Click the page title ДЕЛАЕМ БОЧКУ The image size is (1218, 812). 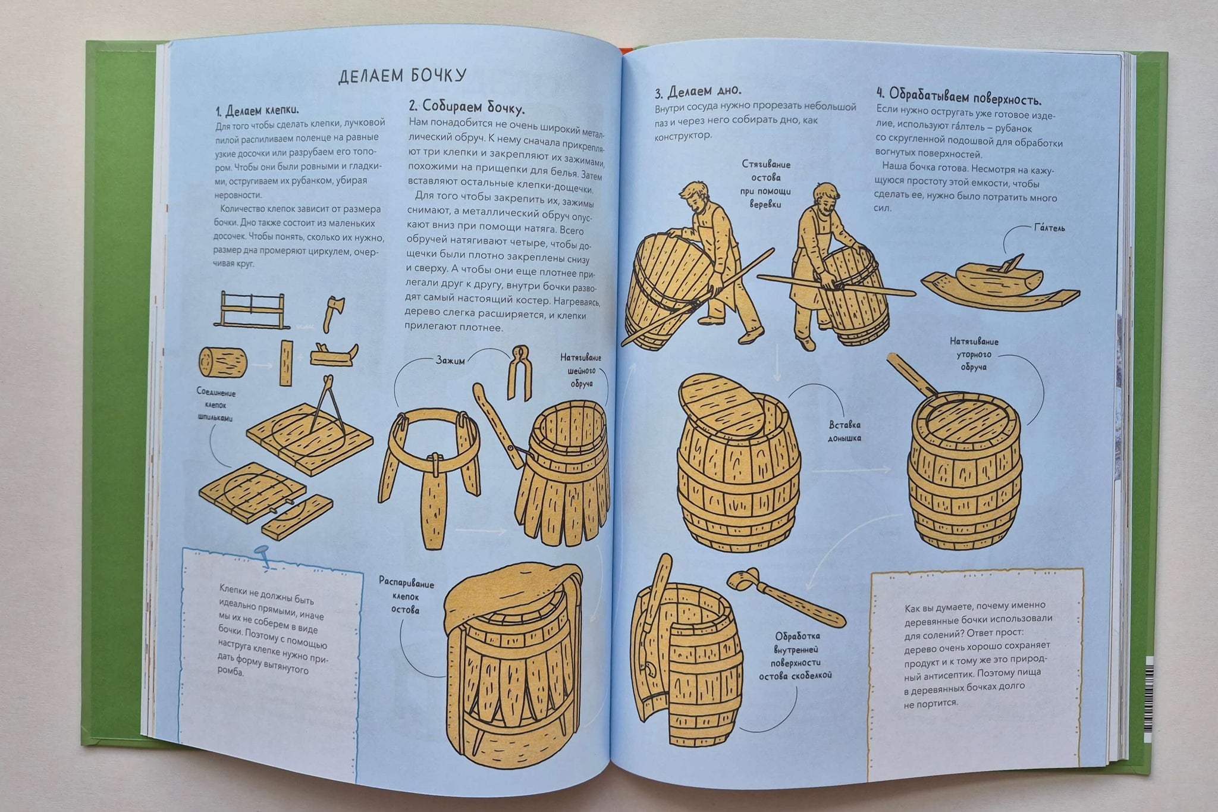click(402, 77)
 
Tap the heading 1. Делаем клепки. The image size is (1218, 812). click(257, 111)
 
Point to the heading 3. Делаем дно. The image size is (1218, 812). click(698, 92)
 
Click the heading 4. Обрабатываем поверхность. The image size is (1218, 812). click(959, 96)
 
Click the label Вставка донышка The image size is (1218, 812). click(845, 431)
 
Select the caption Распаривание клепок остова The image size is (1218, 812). click(406, 596)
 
